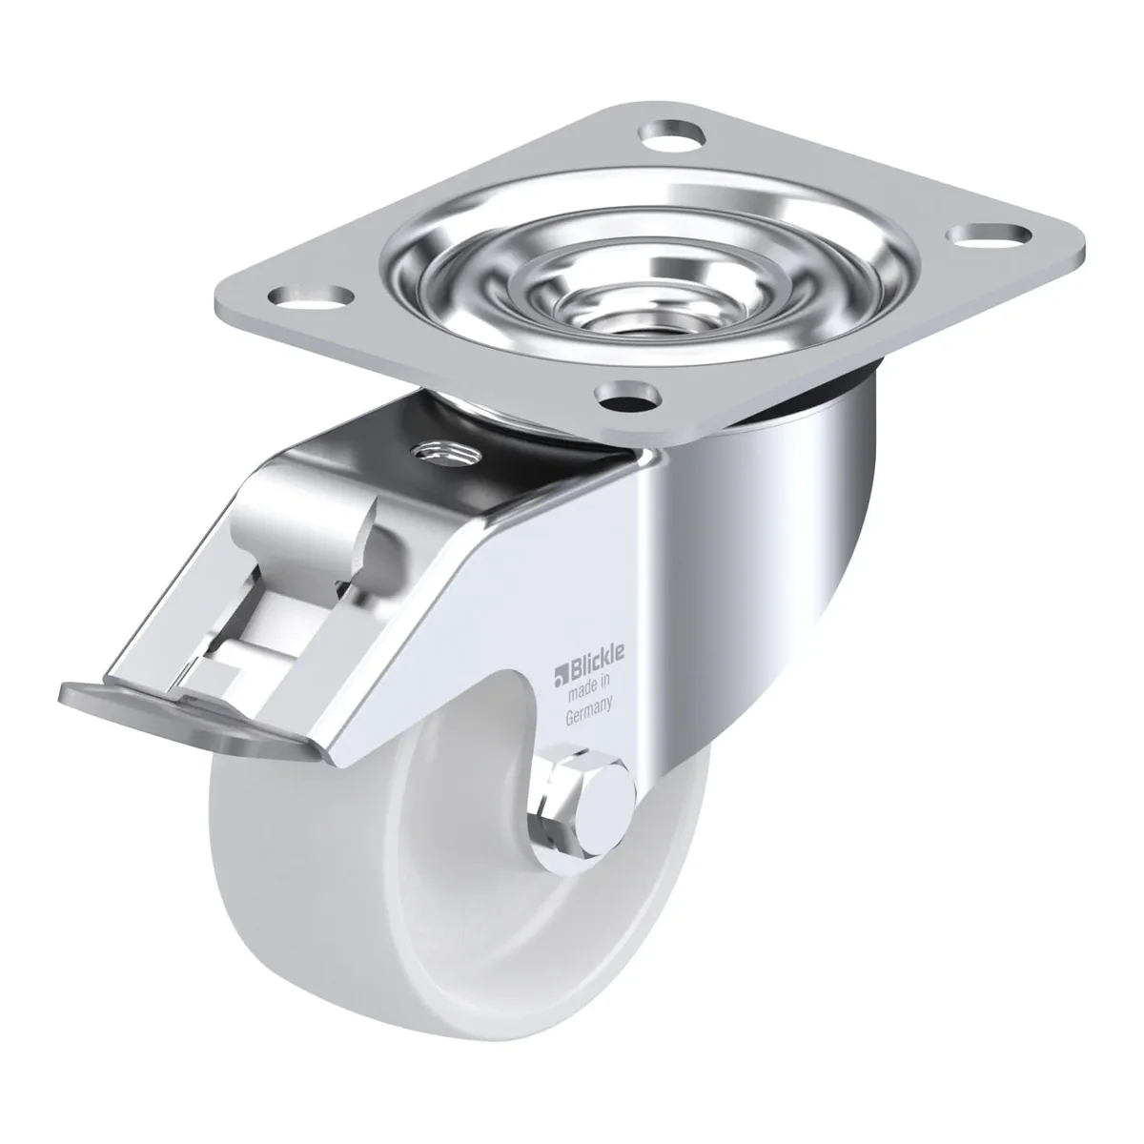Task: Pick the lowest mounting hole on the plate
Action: click(630, 395)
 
